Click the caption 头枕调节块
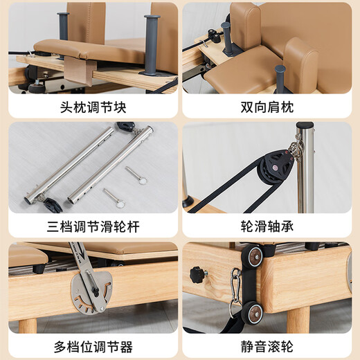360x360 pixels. [x=89, y=108]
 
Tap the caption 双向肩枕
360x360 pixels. [x=270, y=108]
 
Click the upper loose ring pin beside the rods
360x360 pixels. [x=137, y=176]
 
